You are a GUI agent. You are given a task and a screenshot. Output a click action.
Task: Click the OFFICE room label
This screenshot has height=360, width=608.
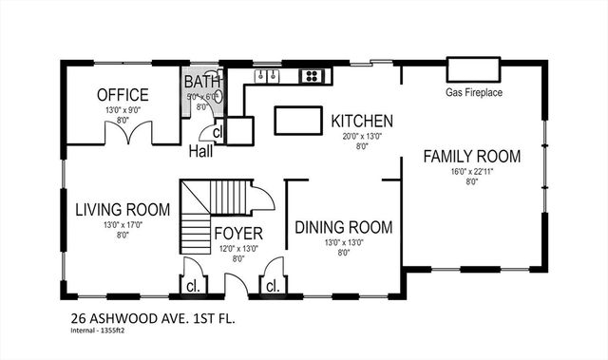coord(123,95)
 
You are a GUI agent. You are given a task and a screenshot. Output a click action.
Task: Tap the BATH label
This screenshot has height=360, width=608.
coord(201,82)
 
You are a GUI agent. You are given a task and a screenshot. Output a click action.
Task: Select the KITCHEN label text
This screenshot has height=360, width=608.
coord(361,122)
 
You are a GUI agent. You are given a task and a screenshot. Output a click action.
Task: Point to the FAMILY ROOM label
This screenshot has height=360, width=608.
coord(472,156)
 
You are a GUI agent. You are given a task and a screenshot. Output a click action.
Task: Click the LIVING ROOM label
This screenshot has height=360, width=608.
coord(123,209)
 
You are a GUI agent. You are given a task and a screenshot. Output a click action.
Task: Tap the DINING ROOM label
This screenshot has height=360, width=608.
coord(343,228)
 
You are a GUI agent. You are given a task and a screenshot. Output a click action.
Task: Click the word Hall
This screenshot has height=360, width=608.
coord(200,151)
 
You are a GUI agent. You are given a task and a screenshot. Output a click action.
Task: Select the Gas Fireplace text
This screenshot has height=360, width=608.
coord(473,93)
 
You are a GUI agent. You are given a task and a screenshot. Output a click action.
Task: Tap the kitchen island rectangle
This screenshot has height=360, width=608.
coord(298,121)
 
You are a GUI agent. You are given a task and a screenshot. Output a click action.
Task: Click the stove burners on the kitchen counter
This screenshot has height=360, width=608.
coord(311,75)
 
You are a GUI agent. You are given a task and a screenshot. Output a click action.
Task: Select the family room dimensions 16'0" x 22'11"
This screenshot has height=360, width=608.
coord(472,172)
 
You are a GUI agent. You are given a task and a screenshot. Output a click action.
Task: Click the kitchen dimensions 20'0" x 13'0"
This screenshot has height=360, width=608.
coord(361,136)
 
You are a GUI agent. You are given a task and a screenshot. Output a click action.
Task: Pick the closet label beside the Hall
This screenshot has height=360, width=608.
coord(218,133)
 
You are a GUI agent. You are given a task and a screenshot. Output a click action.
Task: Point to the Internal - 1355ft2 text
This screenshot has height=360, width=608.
coord(100,333)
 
